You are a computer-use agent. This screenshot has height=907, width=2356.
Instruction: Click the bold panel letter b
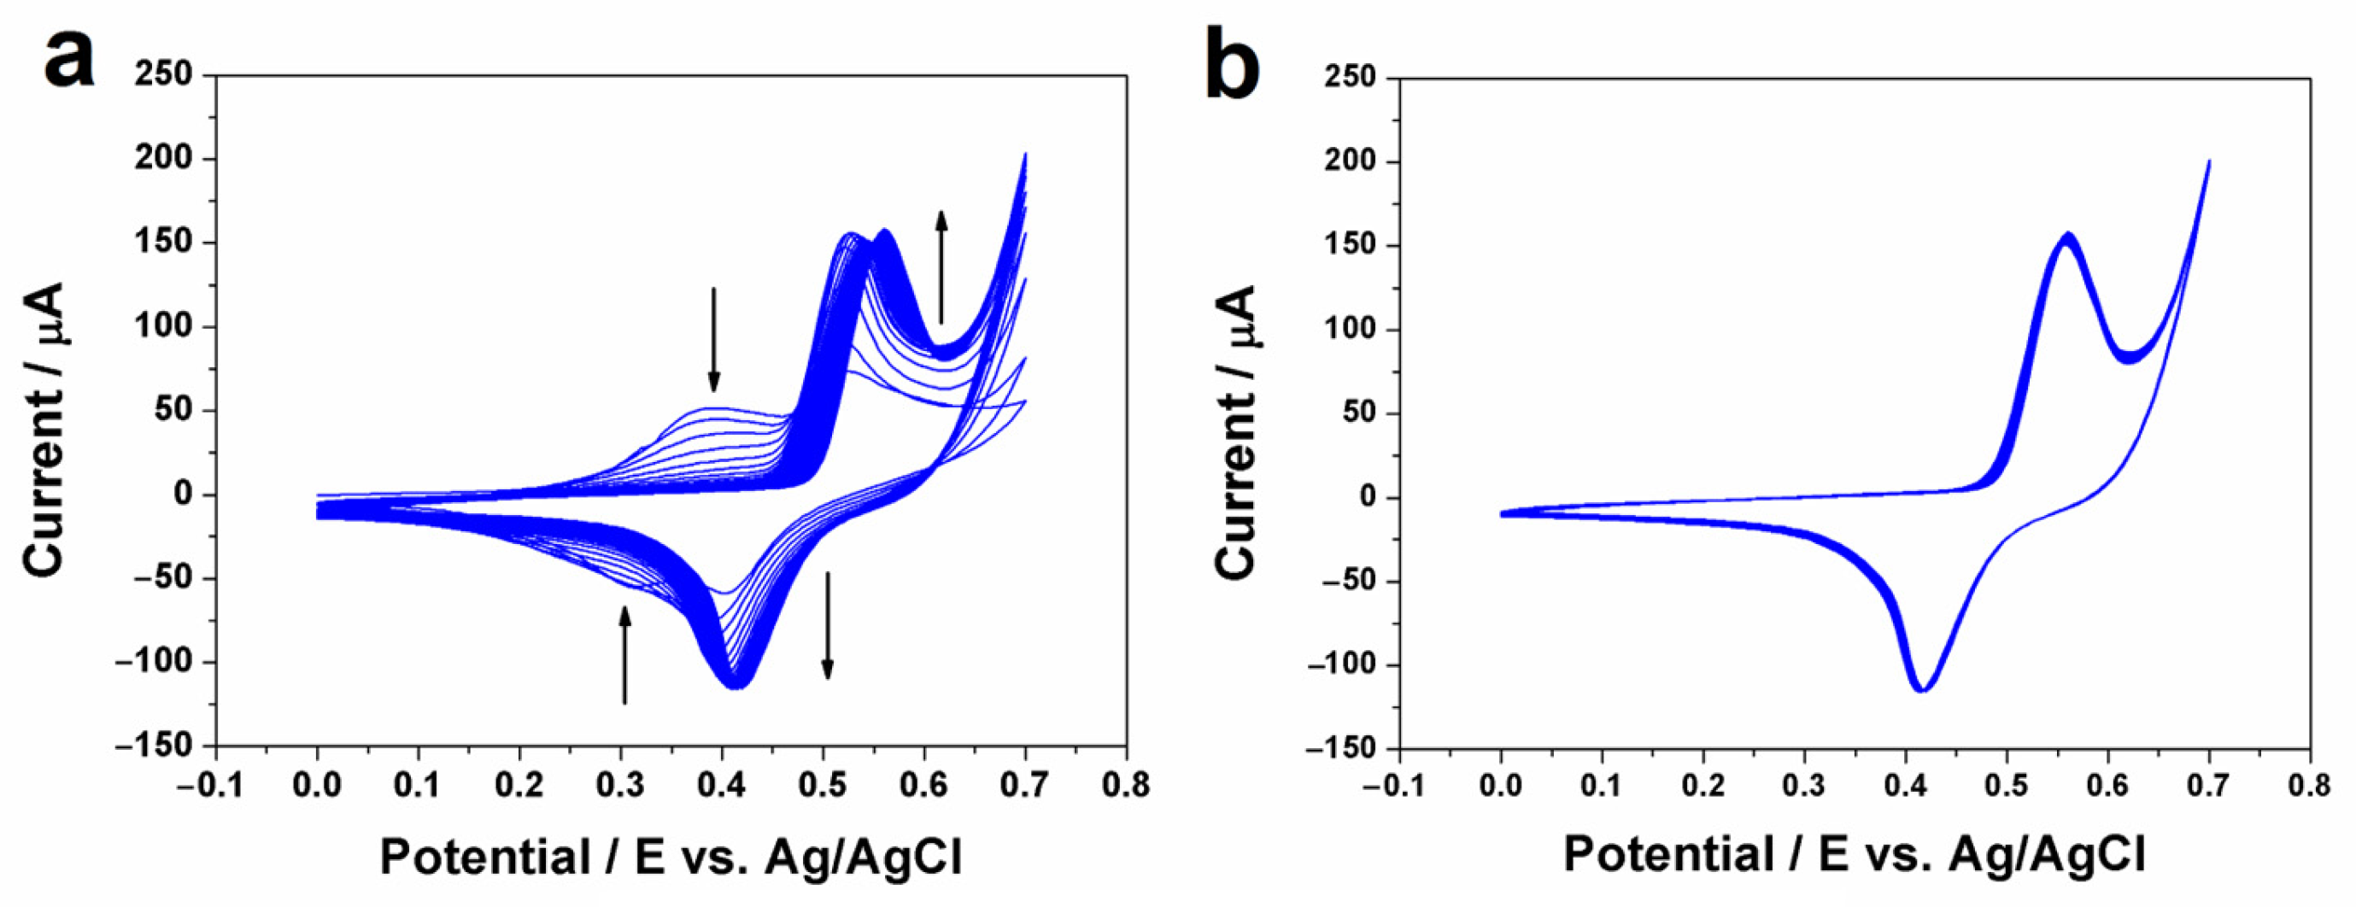pos(1231,62)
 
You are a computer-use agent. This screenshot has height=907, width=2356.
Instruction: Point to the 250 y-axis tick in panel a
pos(164,75)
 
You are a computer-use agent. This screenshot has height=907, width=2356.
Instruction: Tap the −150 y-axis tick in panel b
pos(1342,748)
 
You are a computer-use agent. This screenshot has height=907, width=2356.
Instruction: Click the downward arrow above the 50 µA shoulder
pos(714,339)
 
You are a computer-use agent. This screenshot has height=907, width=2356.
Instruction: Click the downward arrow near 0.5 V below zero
pos(827,626)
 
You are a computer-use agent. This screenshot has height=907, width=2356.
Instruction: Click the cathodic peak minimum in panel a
pos(737,687)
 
